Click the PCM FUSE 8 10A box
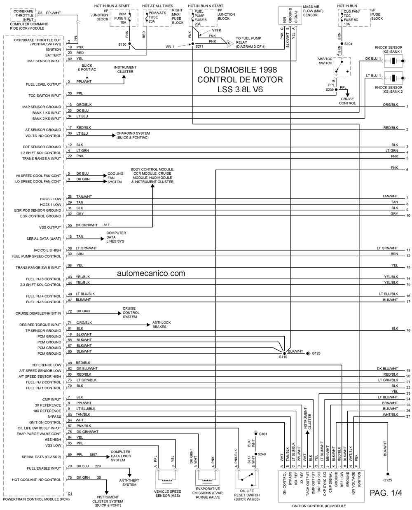[x=122, y=18]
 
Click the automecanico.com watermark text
[x=151, y=273]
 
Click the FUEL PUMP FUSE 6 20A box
[x=202, y=18]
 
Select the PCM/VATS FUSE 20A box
[x=157, y=18]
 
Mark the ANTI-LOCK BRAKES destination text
[x=162, y=325]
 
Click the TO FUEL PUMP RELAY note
[x=250, y=42]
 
